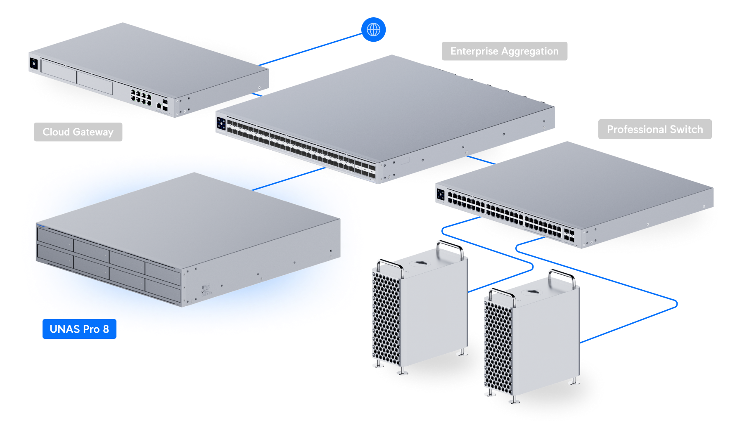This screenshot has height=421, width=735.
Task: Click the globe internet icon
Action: tap(373, 30)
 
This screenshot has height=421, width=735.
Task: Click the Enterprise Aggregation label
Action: tap(504, 51)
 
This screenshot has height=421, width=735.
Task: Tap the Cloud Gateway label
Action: tap(78, 132)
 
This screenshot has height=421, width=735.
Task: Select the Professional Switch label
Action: tap(654, 130)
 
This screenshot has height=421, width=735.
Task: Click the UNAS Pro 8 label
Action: tap(79, 329)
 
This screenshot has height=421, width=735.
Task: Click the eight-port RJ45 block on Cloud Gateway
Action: tap(141, 97)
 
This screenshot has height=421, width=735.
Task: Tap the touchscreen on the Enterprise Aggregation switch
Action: tap(221, 123)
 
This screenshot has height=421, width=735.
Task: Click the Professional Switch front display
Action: tap(441, 194)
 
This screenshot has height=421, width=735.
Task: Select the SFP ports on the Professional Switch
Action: tap(569, 235)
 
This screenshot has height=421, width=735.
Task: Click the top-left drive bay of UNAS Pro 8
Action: tap(55, 237)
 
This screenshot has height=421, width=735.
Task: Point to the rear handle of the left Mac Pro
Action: tap(450, 248)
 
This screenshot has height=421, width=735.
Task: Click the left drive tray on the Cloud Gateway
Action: tap(59, 70)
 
